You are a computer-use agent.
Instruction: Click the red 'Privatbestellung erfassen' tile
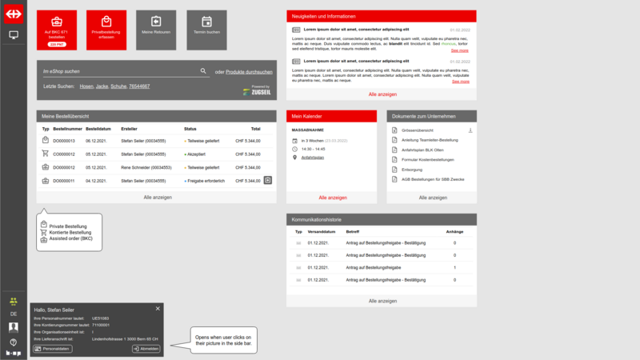pyautogui.click(x=107, y=29)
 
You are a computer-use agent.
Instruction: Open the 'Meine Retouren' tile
pyautogui.click(x=156, y=29)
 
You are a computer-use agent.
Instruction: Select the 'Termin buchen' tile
pyautogui.click(x=206, y=29)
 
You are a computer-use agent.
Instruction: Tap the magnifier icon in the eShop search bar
pyautogui.click(x=204, y=71)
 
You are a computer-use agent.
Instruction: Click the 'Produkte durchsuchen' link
pyautogui.click(x=249, y=72)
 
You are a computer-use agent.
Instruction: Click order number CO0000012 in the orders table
pyautogui.click(x=64, y=167)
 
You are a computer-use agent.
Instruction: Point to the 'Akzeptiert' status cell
pyautogui.click(x=197, y=154)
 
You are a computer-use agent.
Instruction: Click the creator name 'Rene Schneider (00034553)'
pyautogui.click(x=146, y=167)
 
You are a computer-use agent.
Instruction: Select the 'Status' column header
pyautogui.click(x=190, y=129)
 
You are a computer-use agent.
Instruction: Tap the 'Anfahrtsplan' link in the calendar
pyautogui.click(x=313, y=158)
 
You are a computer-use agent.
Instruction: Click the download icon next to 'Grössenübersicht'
pyautogui.click(x=470, y=130)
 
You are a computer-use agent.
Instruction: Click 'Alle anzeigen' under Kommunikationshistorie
pyautogui.click(x=382, y=301)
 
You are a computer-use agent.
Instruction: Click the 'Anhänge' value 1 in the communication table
pyautogui.click(x=454, y=267)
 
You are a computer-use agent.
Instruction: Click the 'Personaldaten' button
pyautogui.click(x=53, y=349)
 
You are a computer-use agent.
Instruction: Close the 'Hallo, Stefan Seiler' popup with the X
pyautogui.click(x=158, y=309)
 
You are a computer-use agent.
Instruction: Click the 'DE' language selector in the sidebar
pyautogui.click(x=14, y=314)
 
